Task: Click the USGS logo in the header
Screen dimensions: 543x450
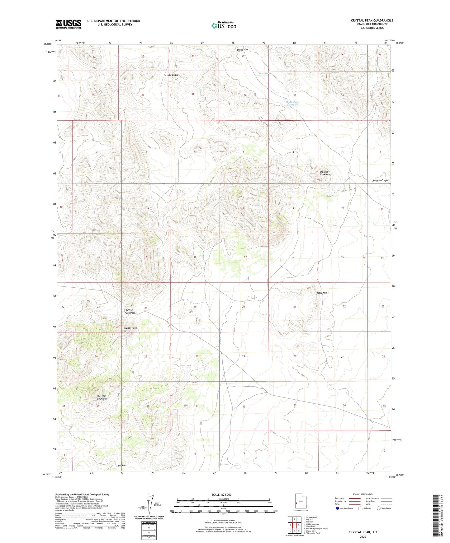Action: [69, 24]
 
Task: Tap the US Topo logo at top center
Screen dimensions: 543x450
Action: [224, 25]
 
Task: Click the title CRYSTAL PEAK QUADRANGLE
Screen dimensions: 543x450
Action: [372, 21]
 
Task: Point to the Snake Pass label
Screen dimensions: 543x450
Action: [242, 50]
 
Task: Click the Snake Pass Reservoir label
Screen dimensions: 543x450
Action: [292, 103]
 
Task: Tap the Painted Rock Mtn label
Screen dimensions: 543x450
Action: [325, 173]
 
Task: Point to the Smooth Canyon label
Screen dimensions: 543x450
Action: [381, 180]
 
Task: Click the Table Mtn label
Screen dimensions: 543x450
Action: [322, 293]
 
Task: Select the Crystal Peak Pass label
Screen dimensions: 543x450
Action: [130, 311]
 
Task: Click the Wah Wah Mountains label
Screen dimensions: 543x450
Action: [102, 397]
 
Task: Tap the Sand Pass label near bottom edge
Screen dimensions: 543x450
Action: [121, 465]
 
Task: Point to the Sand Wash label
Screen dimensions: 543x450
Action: [265, 73]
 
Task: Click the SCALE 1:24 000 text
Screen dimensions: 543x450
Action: [221, 495]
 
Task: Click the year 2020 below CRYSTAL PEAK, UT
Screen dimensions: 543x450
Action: [363, 536]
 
